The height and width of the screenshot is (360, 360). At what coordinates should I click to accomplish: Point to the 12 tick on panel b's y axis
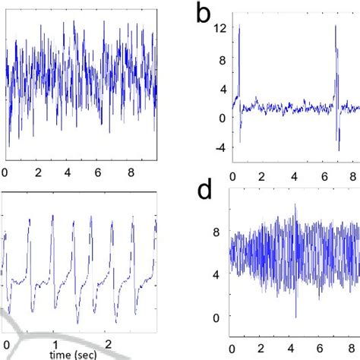pos(220,29)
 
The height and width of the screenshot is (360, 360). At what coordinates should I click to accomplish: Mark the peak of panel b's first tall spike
pos(238,25)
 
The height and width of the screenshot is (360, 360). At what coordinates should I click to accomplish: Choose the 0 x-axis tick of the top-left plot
pos(6,172)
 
